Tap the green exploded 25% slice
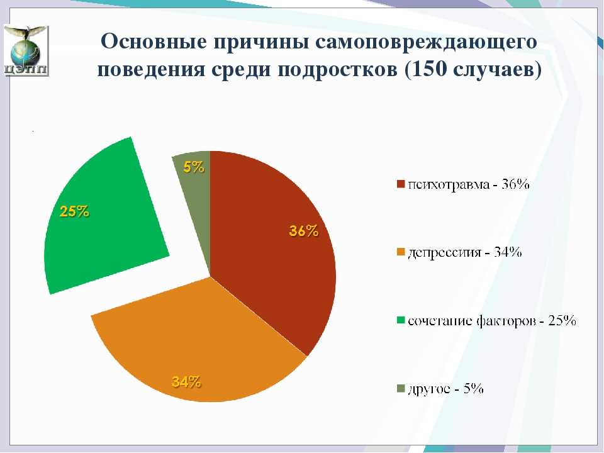(x=104, y=220)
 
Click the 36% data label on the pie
(x=303, y=231)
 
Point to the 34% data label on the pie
(x=186, y=382)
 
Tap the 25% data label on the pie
(x=74, y=211)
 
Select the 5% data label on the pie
(x=194, y=167)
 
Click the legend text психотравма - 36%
(x=468, y=184)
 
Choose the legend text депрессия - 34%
(x=464, y=253)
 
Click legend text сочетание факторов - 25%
(x=491, y=320)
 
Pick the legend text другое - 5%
(x=445, y=389)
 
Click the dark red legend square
(x=401, y=184)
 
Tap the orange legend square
(x=401, y=252)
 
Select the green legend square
(x=401, y=320)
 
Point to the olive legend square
(x=401, y=388)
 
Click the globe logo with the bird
(x=26, y=50)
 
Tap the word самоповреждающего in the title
(x=426, y=42)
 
